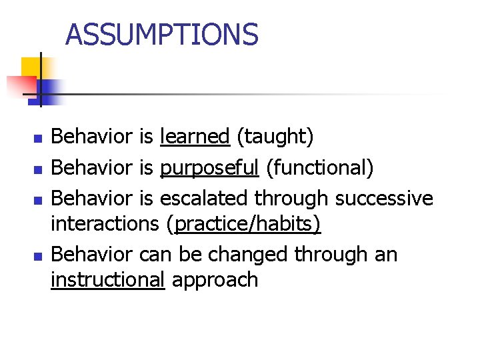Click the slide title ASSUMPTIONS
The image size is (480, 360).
162,35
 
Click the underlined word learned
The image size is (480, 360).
195,137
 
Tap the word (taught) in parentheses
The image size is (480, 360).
275,137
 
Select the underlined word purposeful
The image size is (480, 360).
209,167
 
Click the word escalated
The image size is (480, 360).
211,198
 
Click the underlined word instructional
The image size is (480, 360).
107,279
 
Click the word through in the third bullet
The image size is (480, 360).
295,198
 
